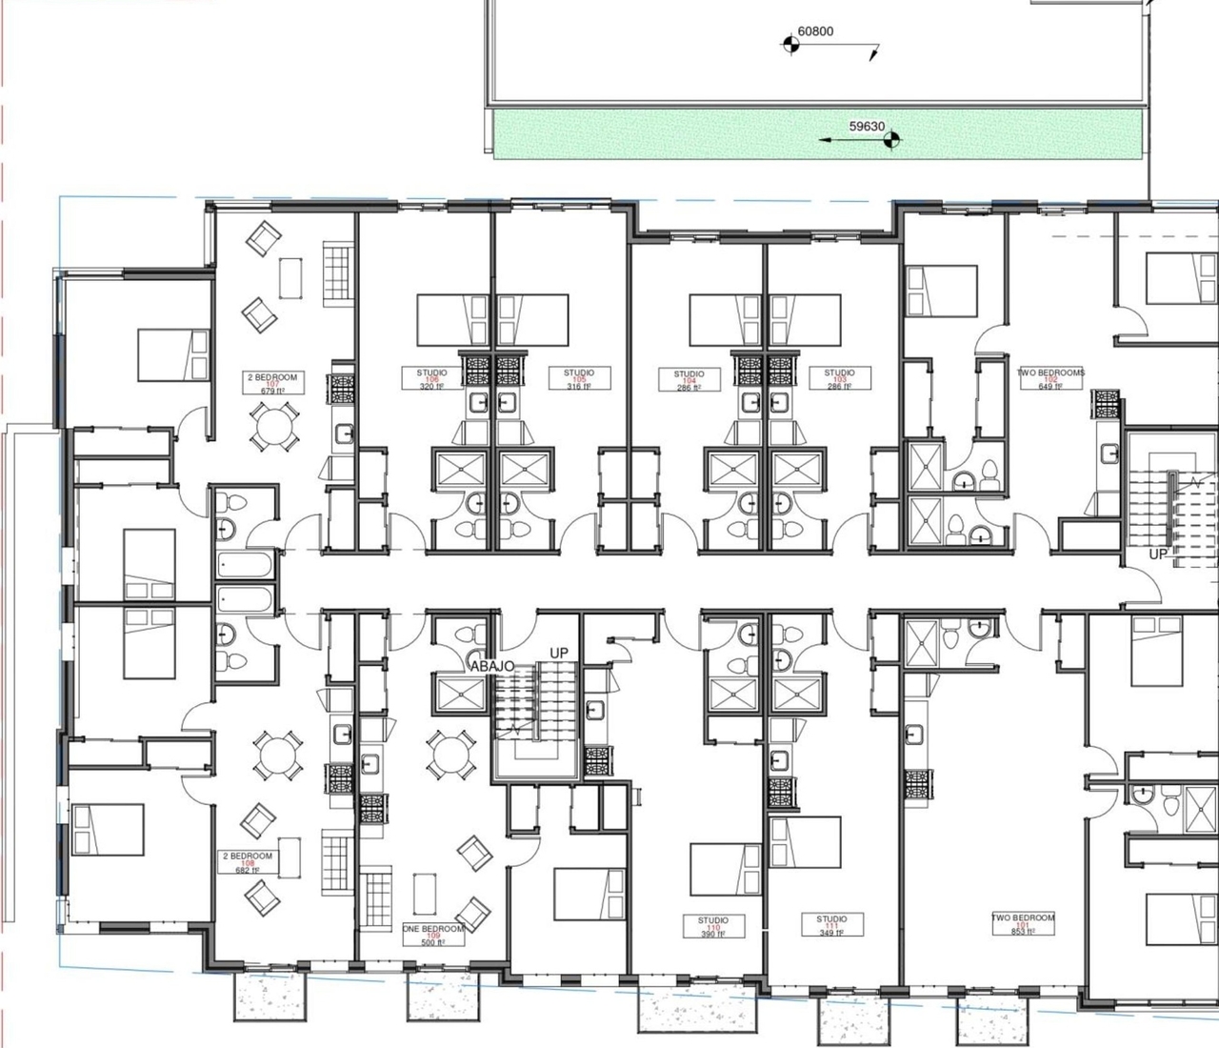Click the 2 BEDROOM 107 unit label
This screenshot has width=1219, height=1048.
click(x=272, y=384)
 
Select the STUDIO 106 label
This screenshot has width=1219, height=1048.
click(x=431, y=379)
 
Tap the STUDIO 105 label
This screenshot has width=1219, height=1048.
click(x=578, y=379)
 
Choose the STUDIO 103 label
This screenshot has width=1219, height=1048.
click(x=839, y=379)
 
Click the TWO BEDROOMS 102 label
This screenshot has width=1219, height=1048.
click(x=1050, y=379)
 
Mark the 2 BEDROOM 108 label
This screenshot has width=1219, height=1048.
click(x=248, y=862)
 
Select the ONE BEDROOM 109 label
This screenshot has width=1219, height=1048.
click(x=433, y=935)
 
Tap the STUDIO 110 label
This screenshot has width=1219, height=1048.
click(x=712, y=927)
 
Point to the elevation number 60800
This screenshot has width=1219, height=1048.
click(x=815, y=31)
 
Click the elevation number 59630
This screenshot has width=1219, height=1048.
click(x=867, y=127)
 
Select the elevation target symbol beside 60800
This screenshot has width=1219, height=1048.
click(x=789, y=43)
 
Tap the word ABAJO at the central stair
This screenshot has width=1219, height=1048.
click(x=491, y=666)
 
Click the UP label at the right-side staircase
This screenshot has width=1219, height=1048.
click(x=1158, y=554)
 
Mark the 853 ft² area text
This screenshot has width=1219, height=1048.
click(x=1024, y=932)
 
